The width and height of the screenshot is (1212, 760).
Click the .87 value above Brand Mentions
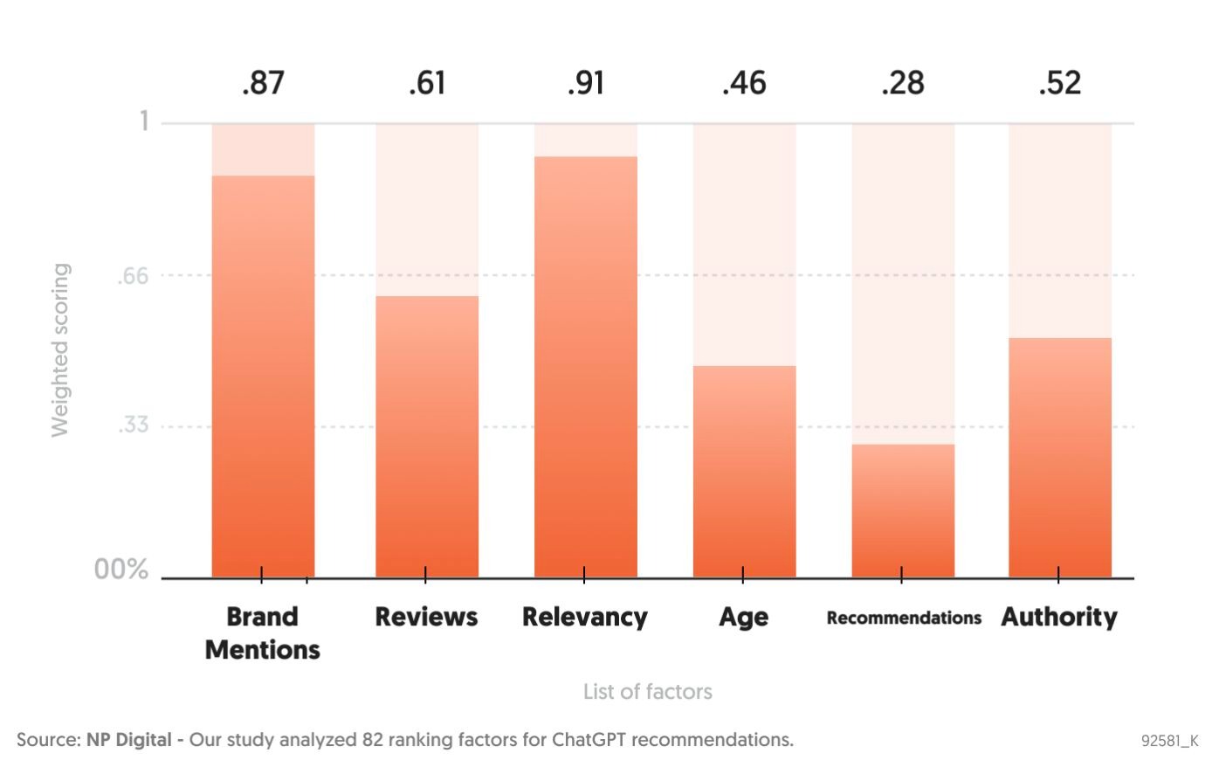click(x=263, y=83)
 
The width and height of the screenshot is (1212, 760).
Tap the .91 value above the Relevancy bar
click(x=585, y=83)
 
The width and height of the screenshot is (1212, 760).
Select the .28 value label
click(x=902, y=83)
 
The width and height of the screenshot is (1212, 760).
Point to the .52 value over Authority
click(x=1059, y=83)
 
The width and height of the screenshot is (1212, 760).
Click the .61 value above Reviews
click(x=427, y=83)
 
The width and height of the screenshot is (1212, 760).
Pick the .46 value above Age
click(x=744, y=83)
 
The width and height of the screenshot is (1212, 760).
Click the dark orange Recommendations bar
click(x=903, y=511)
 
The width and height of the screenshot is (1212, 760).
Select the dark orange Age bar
click(x=744, y=472)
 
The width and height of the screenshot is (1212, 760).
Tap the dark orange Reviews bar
click(x=427, y=437)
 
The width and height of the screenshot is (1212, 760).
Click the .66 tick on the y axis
click(x=133, y=277)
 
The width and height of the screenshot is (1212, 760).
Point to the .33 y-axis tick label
click(x=133, y=425)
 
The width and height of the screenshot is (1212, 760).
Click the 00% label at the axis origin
click(x=121, y=570)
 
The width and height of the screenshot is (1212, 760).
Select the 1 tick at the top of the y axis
click(x=144, y=121)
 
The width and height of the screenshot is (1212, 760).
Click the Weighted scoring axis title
click(x=59, y=349)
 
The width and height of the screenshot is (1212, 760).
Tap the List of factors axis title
click(x=647, y=692)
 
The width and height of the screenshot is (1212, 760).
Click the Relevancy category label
click(x=584, y=617)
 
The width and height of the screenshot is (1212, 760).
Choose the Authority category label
click(x=1058, y=617)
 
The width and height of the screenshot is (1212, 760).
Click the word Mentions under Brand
click(x=262, y=650)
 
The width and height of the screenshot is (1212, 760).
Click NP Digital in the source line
click(x=128, y=740)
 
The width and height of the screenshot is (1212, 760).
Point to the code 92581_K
click(x=1169, y=741)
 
